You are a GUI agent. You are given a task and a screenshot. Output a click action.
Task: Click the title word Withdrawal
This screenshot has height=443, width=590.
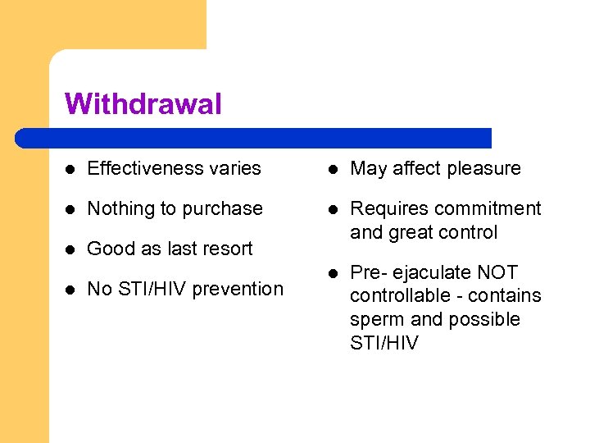click(143, 104)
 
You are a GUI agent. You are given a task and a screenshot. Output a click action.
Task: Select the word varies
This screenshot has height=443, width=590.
click(237, 168)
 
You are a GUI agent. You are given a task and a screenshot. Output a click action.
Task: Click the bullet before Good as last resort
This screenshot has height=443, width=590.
click(72, 249)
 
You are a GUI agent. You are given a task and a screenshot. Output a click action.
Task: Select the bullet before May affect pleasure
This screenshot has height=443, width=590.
click(334, 168)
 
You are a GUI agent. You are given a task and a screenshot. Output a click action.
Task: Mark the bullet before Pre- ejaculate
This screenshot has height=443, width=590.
click(334, 272)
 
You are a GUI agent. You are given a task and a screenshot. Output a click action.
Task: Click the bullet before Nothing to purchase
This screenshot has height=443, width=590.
click(72, 208)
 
